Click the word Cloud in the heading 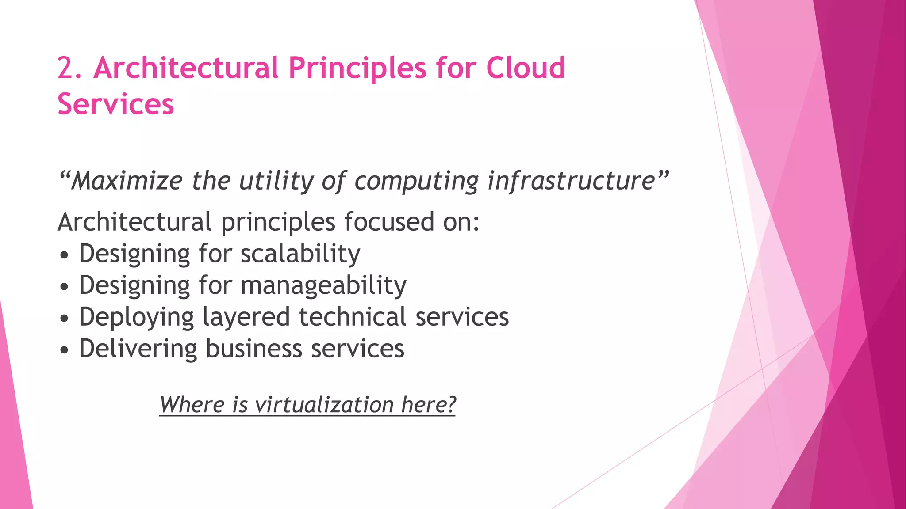coord(526,68)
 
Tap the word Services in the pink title coord(116,105)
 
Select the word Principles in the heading coord(358,68)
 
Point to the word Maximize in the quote coord(127,181)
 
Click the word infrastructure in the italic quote coord(571,181)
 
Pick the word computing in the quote coord(416,182)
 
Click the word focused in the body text coord(389,221)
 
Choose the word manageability coord(323,285)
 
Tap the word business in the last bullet coord(254,348)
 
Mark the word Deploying coord(136,317)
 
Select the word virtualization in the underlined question coord(324,404)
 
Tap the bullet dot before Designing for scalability coord(65,255)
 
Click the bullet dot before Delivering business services coord(65,350)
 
